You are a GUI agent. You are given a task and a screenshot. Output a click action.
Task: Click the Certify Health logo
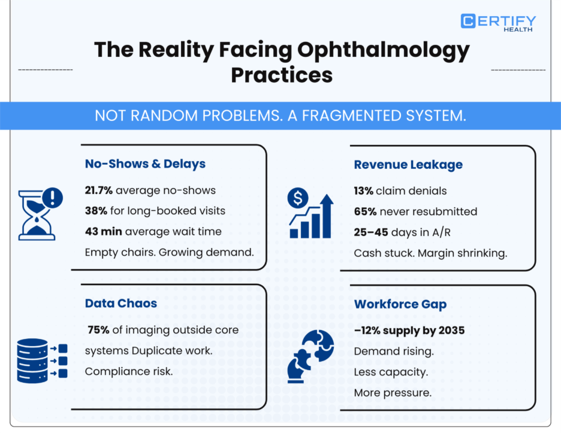[x=498, y=22]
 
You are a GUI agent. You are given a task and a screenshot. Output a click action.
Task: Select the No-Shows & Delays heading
[x=145, y=164]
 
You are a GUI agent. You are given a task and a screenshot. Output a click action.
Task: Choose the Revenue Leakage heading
[x=408, y=165]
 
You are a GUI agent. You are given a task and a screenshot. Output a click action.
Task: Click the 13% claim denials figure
[x=364, y=191]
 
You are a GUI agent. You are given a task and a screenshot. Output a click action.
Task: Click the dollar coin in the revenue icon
[x=298, y=197]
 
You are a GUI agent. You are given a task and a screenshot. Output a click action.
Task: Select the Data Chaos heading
[x=121, y=303]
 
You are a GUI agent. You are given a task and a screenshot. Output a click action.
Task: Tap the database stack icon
[x=33, y=361]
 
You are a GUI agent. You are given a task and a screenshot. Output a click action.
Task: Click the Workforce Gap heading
[x=400, y=304]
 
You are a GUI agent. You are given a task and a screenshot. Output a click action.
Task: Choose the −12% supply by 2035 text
[x=409, y=331]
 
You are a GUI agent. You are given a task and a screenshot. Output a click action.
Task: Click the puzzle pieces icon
[x=310, y=356]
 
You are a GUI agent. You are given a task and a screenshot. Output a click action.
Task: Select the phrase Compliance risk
[x=129, y=371]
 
